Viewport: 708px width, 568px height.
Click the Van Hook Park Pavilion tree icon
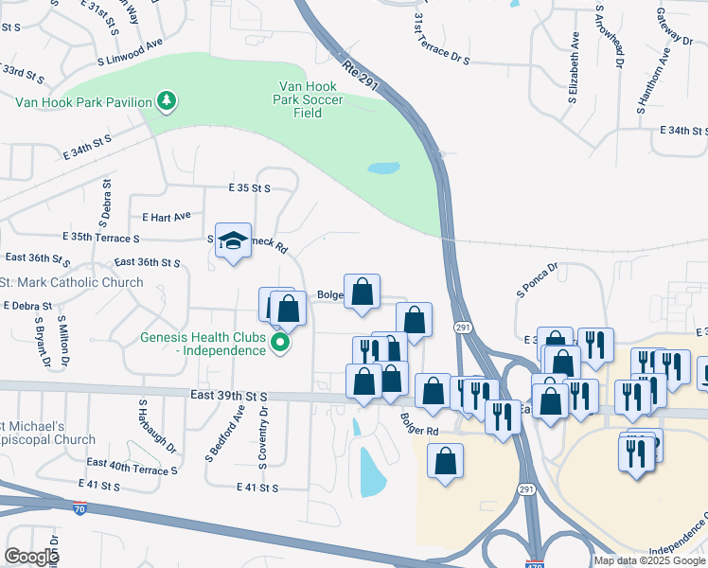coord(167,101)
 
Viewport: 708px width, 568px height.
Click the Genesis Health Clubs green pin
coord(279,342)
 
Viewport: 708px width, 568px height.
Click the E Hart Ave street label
coord(166,216)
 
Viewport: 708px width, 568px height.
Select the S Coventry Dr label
coord(263,437)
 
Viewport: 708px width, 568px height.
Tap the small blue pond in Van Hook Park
coord(382,169)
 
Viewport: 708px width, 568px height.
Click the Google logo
coord(31,557)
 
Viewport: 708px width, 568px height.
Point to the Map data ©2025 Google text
coord(649,560)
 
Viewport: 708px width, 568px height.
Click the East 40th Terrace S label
coord(132,466)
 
